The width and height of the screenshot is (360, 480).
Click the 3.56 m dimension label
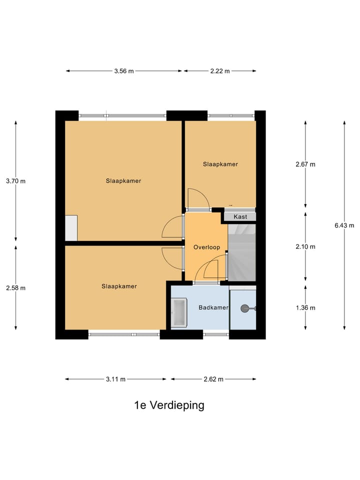[124, 71]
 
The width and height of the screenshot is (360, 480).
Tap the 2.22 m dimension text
[219, 71]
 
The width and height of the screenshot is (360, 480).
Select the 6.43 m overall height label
[344, 225]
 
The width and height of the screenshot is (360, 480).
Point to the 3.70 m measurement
[15, 181]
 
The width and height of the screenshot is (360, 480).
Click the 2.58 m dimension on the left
[15, 287]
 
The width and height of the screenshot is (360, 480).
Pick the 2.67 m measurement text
[305, 164]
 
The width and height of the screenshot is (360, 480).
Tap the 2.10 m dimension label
[305, 246]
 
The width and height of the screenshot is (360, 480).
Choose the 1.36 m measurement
[305, 307]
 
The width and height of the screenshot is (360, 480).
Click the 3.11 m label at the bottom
[115, 379]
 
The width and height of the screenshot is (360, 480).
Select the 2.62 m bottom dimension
[213, 379]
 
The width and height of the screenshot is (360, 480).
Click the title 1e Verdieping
[169, 405]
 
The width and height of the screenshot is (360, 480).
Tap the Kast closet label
[240, 217]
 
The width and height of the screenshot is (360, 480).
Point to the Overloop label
[206, 247]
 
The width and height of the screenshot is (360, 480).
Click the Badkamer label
[213, 307]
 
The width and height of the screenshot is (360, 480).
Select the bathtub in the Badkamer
[178, 312]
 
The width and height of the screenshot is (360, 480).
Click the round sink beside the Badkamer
[245, 308]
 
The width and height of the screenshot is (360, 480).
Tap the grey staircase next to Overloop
[242, 252]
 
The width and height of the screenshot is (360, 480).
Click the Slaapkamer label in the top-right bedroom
[220, 164]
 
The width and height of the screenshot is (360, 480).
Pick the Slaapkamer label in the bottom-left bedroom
[119, 286]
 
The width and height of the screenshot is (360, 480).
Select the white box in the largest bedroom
[71, 228]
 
